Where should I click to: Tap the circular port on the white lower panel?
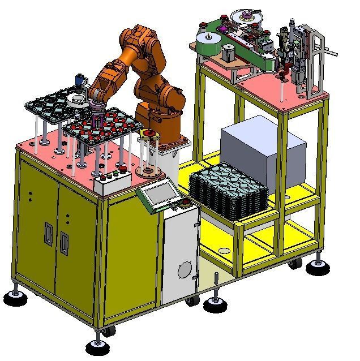[x=185, y=270]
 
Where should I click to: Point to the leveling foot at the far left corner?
[x=14, y=296]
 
